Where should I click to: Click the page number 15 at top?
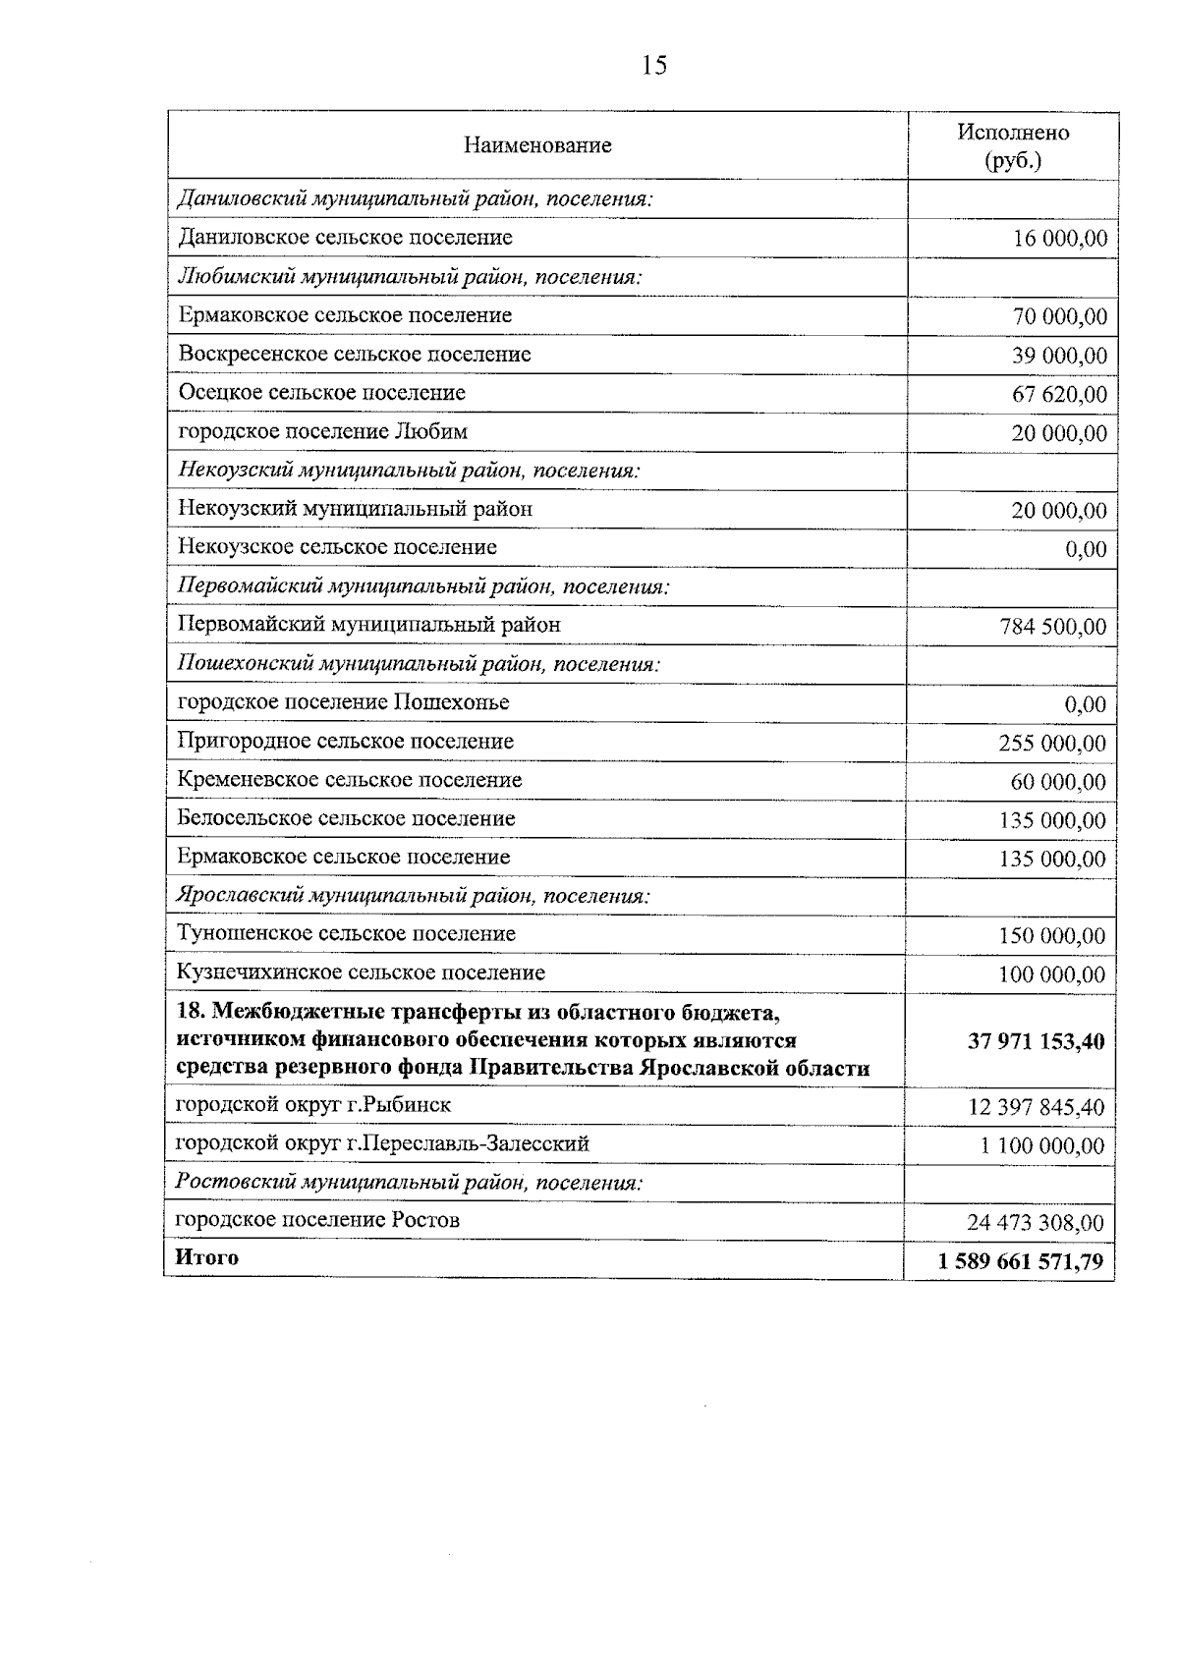point(653,66)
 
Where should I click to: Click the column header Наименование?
point(537,146)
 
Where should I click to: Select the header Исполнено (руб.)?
point(1013,146)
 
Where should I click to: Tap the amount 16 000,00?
point(1059,239)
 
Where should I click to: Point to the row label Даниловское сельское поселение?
point(345,238)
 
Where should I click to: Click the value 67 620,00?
point(1059,395)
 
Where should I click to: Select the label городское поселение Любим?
point(323,431)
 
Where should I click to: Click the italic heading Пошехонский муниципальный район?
point(418,664)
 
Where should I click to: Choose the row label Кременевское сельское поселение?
point(350,780)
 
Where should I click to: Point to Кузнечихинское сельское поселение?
point(361,972)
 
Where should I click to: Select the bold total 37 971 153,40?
point(1036,1041)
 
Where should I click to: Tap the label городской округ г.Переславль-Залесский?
point(382,1143)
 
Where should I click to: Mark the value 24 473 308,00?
point(1036,1223)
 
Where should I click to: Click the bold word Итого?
point(206,1258)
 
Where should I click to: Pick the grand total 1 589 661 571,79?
point(1021,1261)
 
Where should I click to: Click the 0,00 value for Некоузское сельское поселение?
point(1086,550)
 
